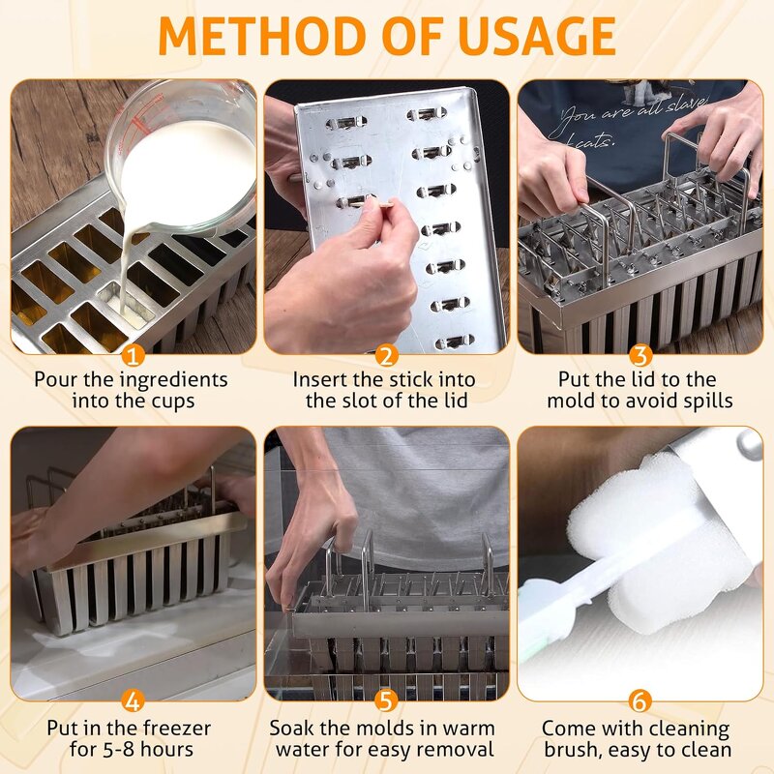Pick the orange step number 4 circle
click(133, 700)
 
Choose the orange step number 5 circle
click(386, 700)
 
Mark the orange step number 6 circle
click(640, 700)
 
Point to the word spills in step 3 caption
click(705, 400)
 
